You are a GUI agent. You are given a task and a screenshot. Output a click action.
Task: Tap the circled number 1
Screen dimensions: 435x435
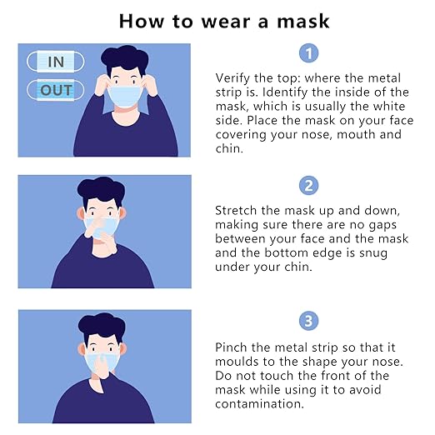308,53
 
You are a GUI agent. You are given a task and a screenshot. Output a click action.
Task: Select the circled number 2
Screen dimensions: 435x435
308,185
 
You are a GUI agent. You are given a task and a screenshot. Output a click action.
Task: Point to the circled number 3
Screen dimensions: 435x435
308,321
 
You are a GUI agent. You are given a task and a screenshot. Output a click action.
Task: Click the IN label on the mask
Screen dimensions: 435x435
55,62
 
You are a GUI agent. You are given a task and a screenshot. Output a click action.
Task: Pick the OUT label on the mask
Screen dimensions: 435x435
56,90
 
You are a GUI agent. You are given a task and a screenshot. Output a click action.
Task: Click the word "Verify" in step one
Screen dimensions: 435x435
232,77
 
